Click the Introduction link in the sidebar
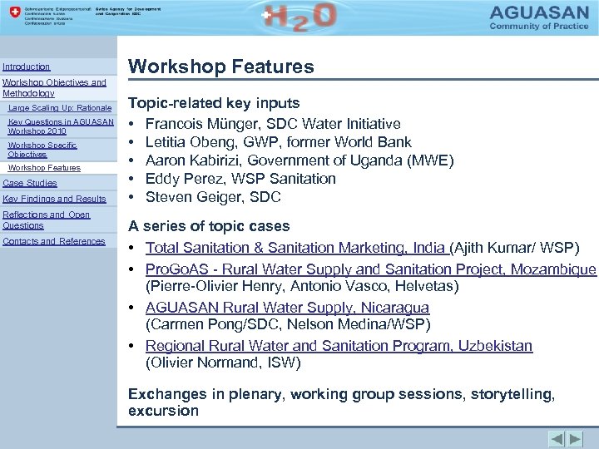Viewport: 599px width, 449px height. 27,67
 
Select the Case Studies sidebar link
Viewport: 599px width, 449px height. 30,183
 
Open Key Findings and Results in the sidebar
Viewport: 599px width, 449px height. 55,199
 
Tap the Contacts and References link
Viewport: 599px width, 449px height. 54,241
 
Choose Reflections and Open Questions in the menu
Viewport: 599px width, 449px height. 47,220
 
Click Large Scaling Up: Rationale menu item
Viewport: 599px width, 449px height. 59,108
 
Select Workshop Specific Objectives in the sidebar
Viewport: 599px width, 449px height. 42,150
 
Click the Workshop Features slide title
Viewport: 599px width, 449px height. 220,67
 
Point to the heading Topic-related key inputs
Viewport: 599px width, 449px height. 214,103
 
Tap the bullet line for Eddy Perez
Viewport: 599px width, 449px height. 240,179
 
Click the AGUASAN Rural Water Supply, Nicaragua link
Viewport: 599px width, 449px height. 287,308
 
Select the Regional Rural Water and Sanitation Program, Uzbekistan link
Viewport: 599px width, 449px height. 339,346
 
